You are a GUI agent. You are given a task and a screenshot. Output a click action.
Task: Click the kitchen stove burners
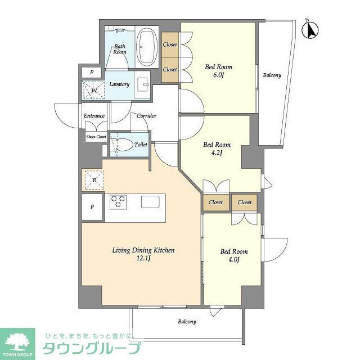tap(118, 201)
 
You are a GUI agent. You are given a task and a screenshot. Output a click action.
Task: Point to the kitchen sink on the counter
tap(151, 201)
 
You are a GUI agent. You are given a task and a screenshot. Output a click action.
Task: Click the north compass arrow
tap(309, 30)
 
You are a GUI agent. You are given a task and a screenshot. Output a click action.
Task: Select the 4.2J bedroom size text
tap(216, 152)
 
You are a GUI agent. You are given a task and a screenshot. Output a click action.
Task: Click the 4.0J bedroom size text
tap(233, 259)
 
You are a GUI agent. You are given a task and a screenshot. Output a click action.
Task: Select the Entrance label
tap(94, 116)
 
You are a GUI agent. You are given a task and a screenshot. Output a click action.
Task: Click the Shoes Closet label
tap(96, 136)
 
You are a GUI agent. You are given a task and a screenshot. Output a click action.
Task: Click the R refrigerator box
tap(92, 180)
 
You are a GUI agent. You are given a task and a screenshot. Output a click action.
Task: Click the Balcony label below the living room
tap(187, 322)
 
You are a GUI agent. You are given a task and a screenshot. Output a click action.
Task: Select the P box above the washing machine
tap(91, 72)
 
